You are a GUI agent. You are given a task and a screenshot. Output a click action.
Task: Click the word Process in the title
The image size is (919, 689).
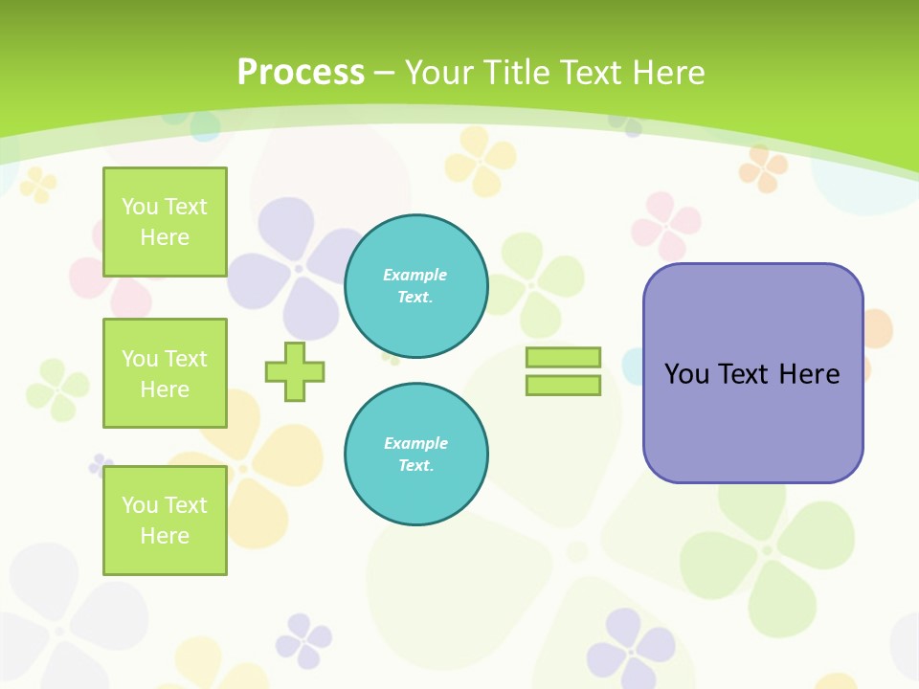click(301, 73)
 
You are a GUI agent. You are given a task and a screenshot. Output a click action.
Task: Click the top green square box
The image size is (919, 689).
click(165, 222)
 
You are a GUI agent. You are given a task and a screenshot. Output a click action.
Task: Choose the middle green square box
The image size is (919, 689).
click(165, 373)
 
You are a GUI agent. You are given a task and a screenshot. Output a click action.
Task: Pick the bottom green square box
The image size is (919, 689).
click(165, 521)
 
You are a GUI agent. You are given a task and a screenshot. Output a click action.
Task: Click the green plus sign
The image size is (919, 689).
click(295, 371)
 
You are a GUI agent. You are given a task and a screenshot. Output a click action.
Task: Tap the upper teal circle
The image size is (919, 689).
click(416, 286)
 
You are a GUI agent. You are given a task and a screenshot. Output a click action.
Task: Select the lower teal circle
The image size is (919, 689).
click(416, 455)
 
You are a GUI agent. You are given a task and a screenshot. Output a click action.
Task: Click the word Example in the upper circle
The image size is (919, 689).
click(415, 275)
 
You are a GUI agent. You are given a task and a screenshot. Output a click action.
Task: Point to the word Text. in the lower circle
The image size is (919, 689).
click(416, 466)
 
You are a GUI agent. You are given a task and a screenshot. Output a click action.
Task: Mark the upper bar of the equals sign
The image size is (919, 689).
click(564, 357)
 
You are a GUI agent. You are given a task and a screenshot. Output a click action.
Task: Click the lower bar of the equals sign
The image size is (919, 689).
click(564, 386)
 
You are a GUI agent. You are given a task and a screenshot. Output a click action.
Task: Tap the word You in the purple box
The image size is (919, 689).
click(686, 374)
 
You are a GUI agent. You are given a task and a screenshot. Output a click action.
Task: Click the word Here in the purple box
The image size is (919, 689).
click(809, 374)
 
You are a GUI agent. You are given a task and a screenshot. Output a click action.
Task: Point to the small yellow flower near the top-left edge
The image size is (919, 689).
click(38, 184)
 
